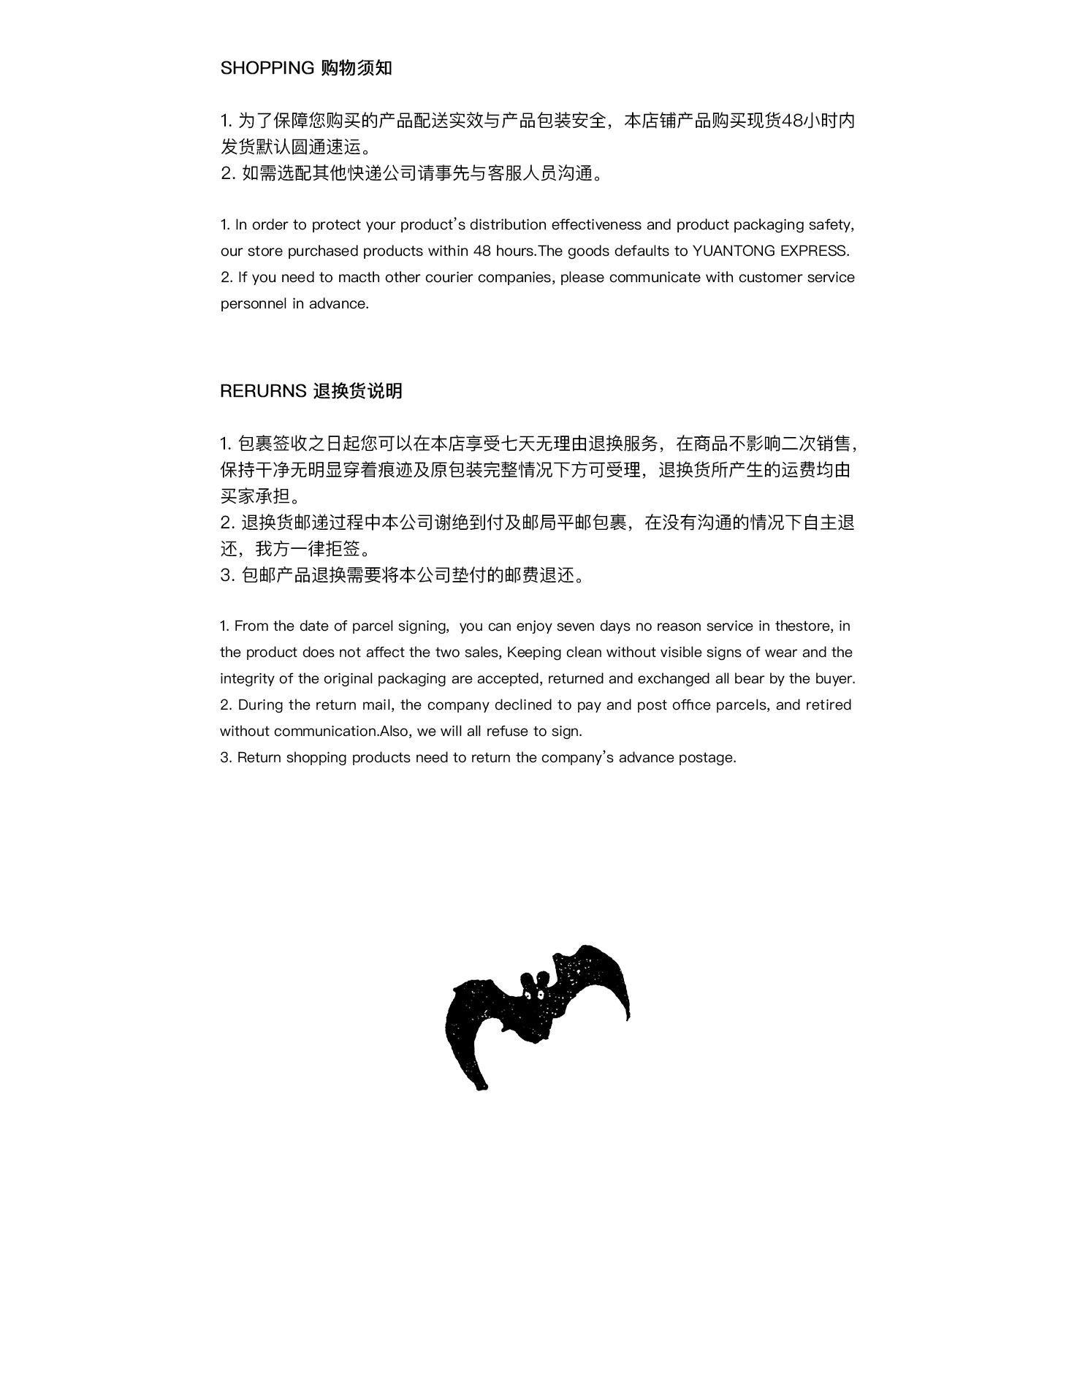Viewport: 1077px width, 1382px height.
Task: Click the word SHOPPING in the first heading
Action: tap(267, 68)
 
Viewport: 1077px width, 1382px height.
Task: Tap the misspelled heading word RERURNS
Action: tap(263, 391)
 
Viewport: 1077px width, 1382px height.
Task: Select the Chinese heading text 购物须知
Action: tap(357, 68)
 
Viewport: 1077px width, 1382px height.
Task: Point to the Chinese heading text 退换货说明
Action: tap(357, 391)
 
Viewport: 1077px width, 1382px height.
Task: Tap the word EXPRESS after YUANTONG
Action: tap(814, 251)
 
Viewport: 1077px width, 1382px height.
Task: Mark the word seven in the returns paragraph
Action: tap(576, 626)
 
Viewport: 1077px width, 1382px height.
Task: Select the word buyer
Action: tap(834, 678)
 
